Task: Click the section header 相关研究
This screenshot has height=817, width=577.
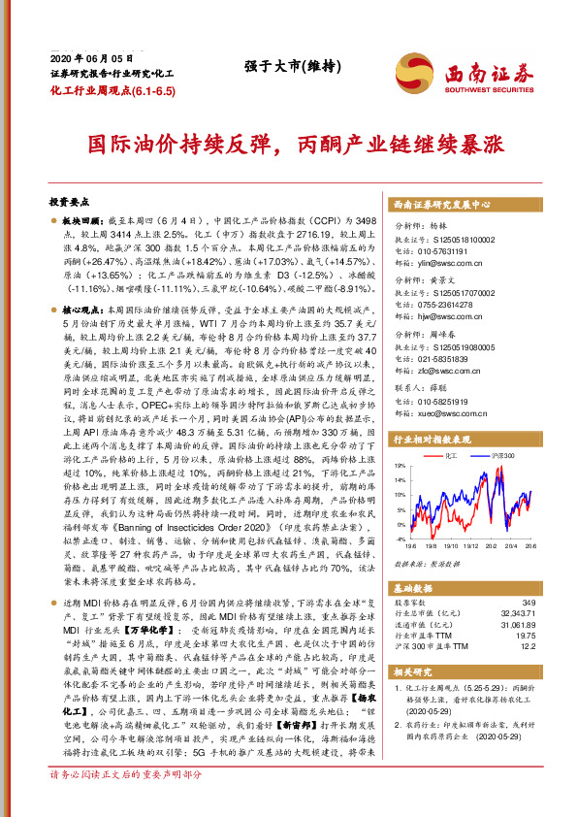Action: click(x=412, y=670)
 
